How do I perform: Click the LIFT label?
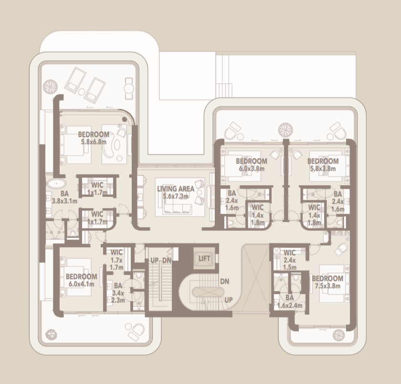[204, 259]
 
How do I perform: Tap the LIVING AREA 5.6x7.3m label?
[176, 192]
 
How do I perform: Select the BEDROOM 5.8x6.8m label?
[94, 138]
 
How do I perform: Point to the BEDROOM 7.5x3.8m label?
[327, 282]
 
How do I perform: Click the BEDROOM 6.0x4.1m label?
[81, 280]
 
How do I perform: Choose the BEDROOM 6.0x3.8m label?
[252, 165]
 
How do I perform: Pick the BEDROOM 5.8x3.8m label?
[323, 165]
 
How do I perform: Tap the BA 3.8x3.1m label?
[64, 197]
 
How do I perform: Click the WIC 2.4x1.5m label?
[289, 260]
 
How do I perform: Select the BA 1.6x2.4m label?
[289, 301]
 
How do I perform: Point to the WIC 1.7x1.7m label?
[116, 259]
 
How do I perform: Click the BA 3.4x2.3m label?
[118, 292]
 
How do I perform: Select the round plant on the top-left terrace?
[50, 87]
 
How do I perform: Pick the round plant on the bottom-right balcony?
[339, 335]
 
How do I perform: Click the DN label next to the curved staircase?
[224, 281]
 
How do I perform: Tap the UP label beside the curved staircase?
[228, 300]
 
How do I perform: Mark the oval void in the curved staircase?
[208, 292]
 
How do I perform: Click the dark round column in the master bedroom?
[125, 119]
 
